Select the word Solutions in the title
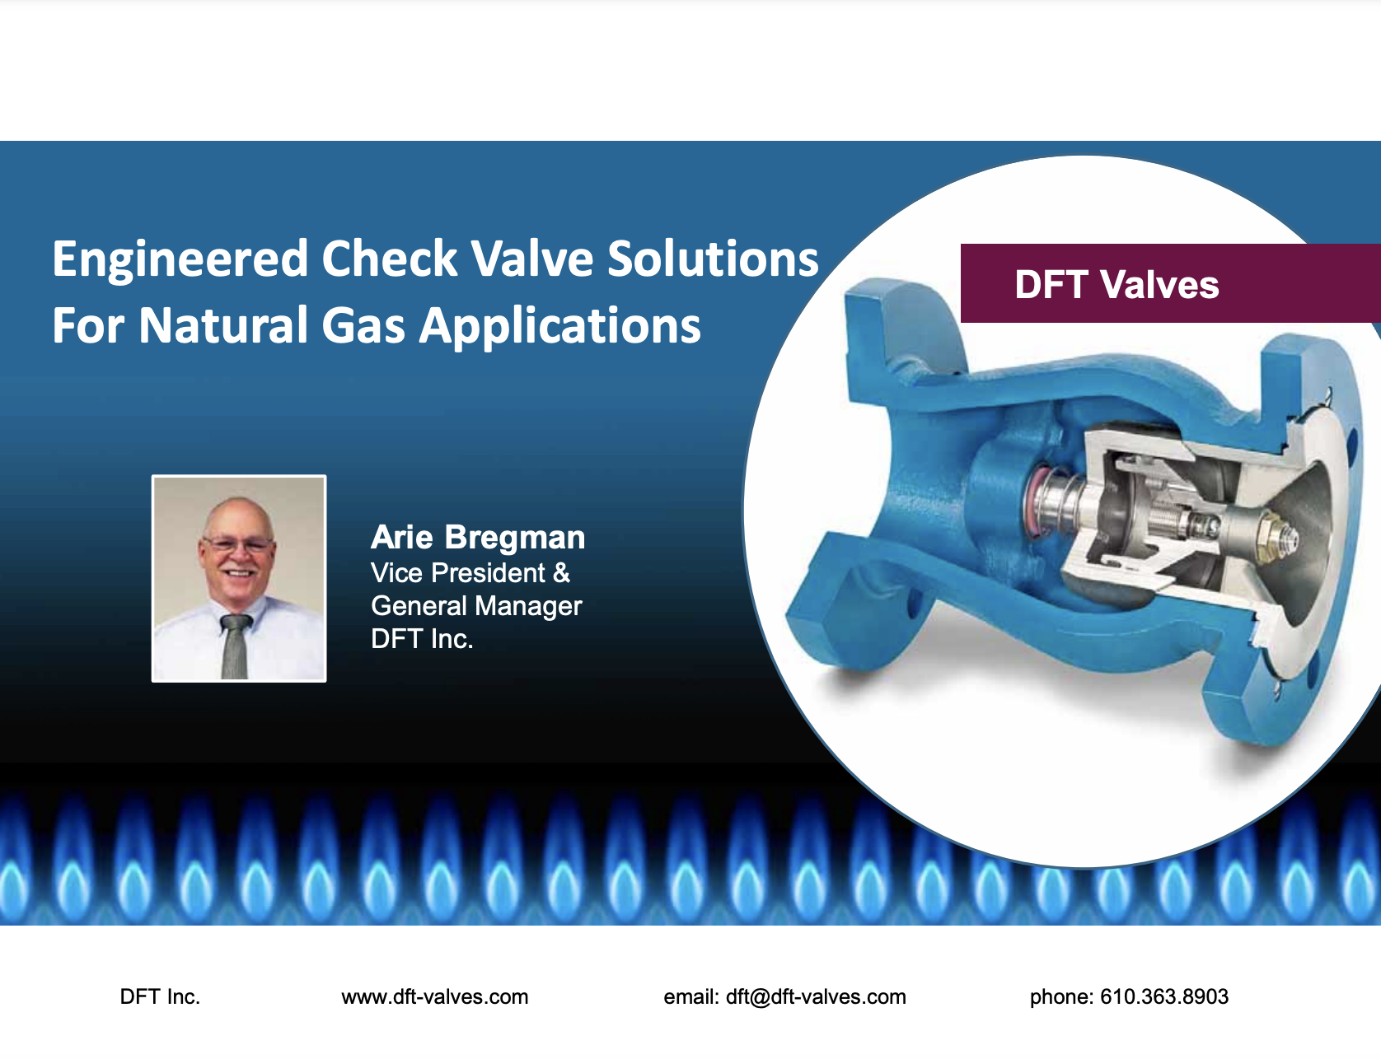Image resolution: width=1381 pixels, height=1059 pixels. (x=713, y=259)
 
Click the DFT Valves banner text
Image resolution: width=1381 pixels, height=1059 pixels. (x=1117, y=285)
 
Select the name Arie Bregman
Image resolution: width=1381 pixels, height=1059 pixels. (x=478, y=538)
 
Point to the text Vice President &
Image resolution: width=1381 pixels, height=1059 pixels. (x=470, y=573)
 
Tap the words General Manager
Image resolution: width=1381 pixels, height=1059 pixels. (x=476, y=607)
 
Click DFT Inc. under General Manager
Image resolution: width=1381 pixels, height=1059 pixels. (x=422, y=639)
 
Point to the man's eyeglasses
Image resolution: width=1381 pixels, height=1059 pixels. (x=237, y=544)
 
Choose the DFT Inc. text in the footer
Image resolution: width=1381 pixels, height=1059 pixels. (x=160, y=997)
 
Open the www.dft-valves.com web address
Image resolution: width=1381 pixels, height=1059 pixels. (x=434, y=997)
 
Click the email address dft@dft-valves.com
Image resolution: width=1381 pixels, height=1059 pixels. (x=816, y=997)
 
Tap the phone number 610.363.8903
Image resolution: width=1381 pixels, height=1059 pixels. (x=1164, y=997)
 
